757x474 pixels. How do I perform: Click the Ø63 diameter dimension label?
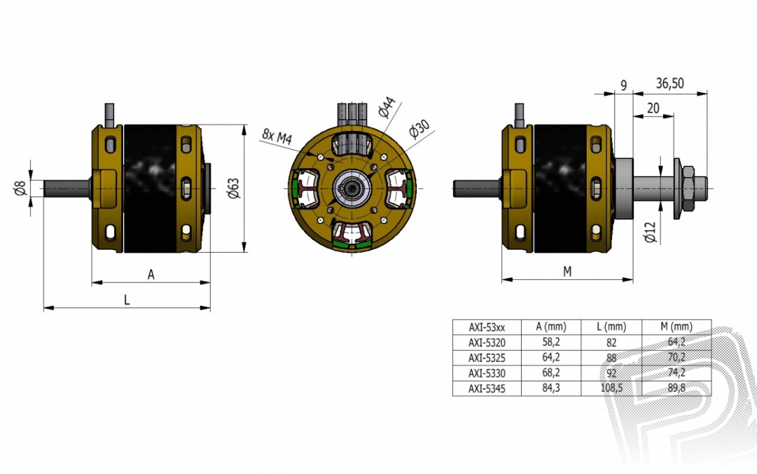click(233, 188)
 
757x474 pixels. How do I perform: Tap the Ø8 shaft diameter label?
click(20, 188)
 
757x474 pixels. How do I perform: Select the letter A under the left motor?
click(151, 274)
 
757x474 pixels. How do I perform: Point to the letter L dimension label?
click(127, 299)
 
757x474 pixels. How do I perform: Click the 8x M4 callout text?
click(277, 136)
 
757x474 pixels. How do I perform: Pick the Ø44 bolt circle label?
click(387, 107)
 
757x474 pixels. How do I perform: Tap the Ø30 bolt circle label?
click(419, 129)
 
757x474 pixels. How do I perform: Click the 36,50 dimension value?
click(670, 83)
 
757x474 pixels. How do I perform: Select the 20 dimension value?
click(653, 108)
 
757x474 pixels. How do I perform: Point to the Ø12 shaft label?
click(650, 232)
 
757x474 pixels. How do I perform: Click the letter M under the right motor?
click(567, 271)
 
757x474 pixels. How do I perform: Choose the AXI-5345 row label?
click(486, 388)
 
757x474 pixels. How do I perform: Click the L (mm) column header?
click(611, 327)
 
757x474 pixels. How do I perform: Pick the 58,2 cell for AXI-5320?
click(551, 342)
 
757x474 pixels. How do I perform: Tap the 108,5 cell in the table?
click(611, 388)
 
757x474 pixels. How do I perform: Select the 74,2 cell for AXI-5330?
click(676, 372)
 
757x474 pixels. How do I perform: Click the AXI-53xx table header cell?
click(486, 327)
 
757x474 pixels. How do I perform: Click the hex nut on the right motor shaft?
click(688, 188)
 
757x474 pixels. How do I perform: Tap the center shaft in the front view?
click(352, 188)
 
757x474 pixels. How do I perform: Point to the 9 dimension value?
click(623, 85)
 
